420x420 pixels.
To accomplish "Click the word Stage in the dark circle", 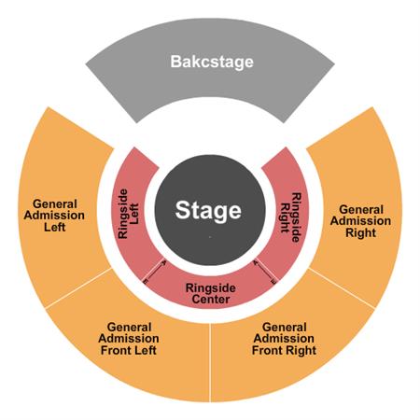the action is tap(208, 211).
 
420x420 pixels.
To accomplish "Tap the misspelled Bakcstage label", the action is tap(212, 62).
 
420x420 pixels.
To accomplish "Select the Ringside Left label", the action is tap(128, 214).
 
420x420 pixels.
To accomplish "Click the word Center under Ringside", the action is tap(211, 300).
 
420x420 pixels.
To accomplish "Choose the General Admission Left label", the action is tap(54, 216).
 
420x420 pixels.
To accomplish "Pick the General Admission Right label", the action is tap(360, 221).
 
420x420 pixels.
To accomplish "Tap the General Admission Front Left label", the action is tap(129, 339).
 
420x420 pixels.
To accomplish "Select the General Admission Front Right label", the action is tap(284, 339).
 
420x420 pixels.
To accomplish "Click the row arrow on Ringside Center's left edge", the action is tap(154, 272).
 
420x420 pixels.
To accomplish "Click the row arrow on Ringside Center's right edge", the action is tap(265, 272).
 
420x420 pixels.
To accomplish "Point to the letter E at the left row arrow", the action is tap(145, 282).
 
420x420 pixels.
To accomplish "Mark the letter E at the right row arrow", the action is tap(273, 282).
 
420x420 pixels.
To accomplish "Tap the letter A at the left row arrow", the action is tap(164, 263).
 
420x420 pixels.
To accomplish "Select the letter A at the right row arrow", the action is tap(255, 263).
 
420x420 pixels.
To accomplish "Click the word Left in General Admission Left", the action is tap(55, 227).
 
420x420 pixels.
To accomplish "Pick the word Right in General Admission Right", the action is tap(361, 232).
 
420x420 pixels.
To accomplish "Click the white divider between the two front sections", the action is tap(211, 362).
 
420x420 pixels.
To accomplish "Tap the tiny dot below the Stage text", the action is tap(210, 237).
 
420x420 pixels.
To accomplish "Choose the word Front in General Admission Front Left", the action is tap(117, 350).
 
